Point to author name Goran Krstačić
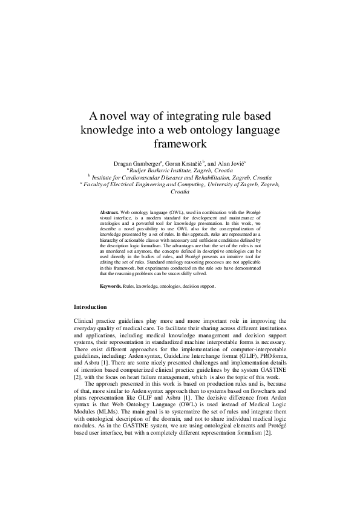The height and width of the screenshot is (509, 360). [186, 164]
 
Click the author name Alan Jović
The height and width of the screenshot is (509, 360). [231, 164]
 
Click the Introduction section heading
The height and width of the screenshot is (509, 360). [90, 308]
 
